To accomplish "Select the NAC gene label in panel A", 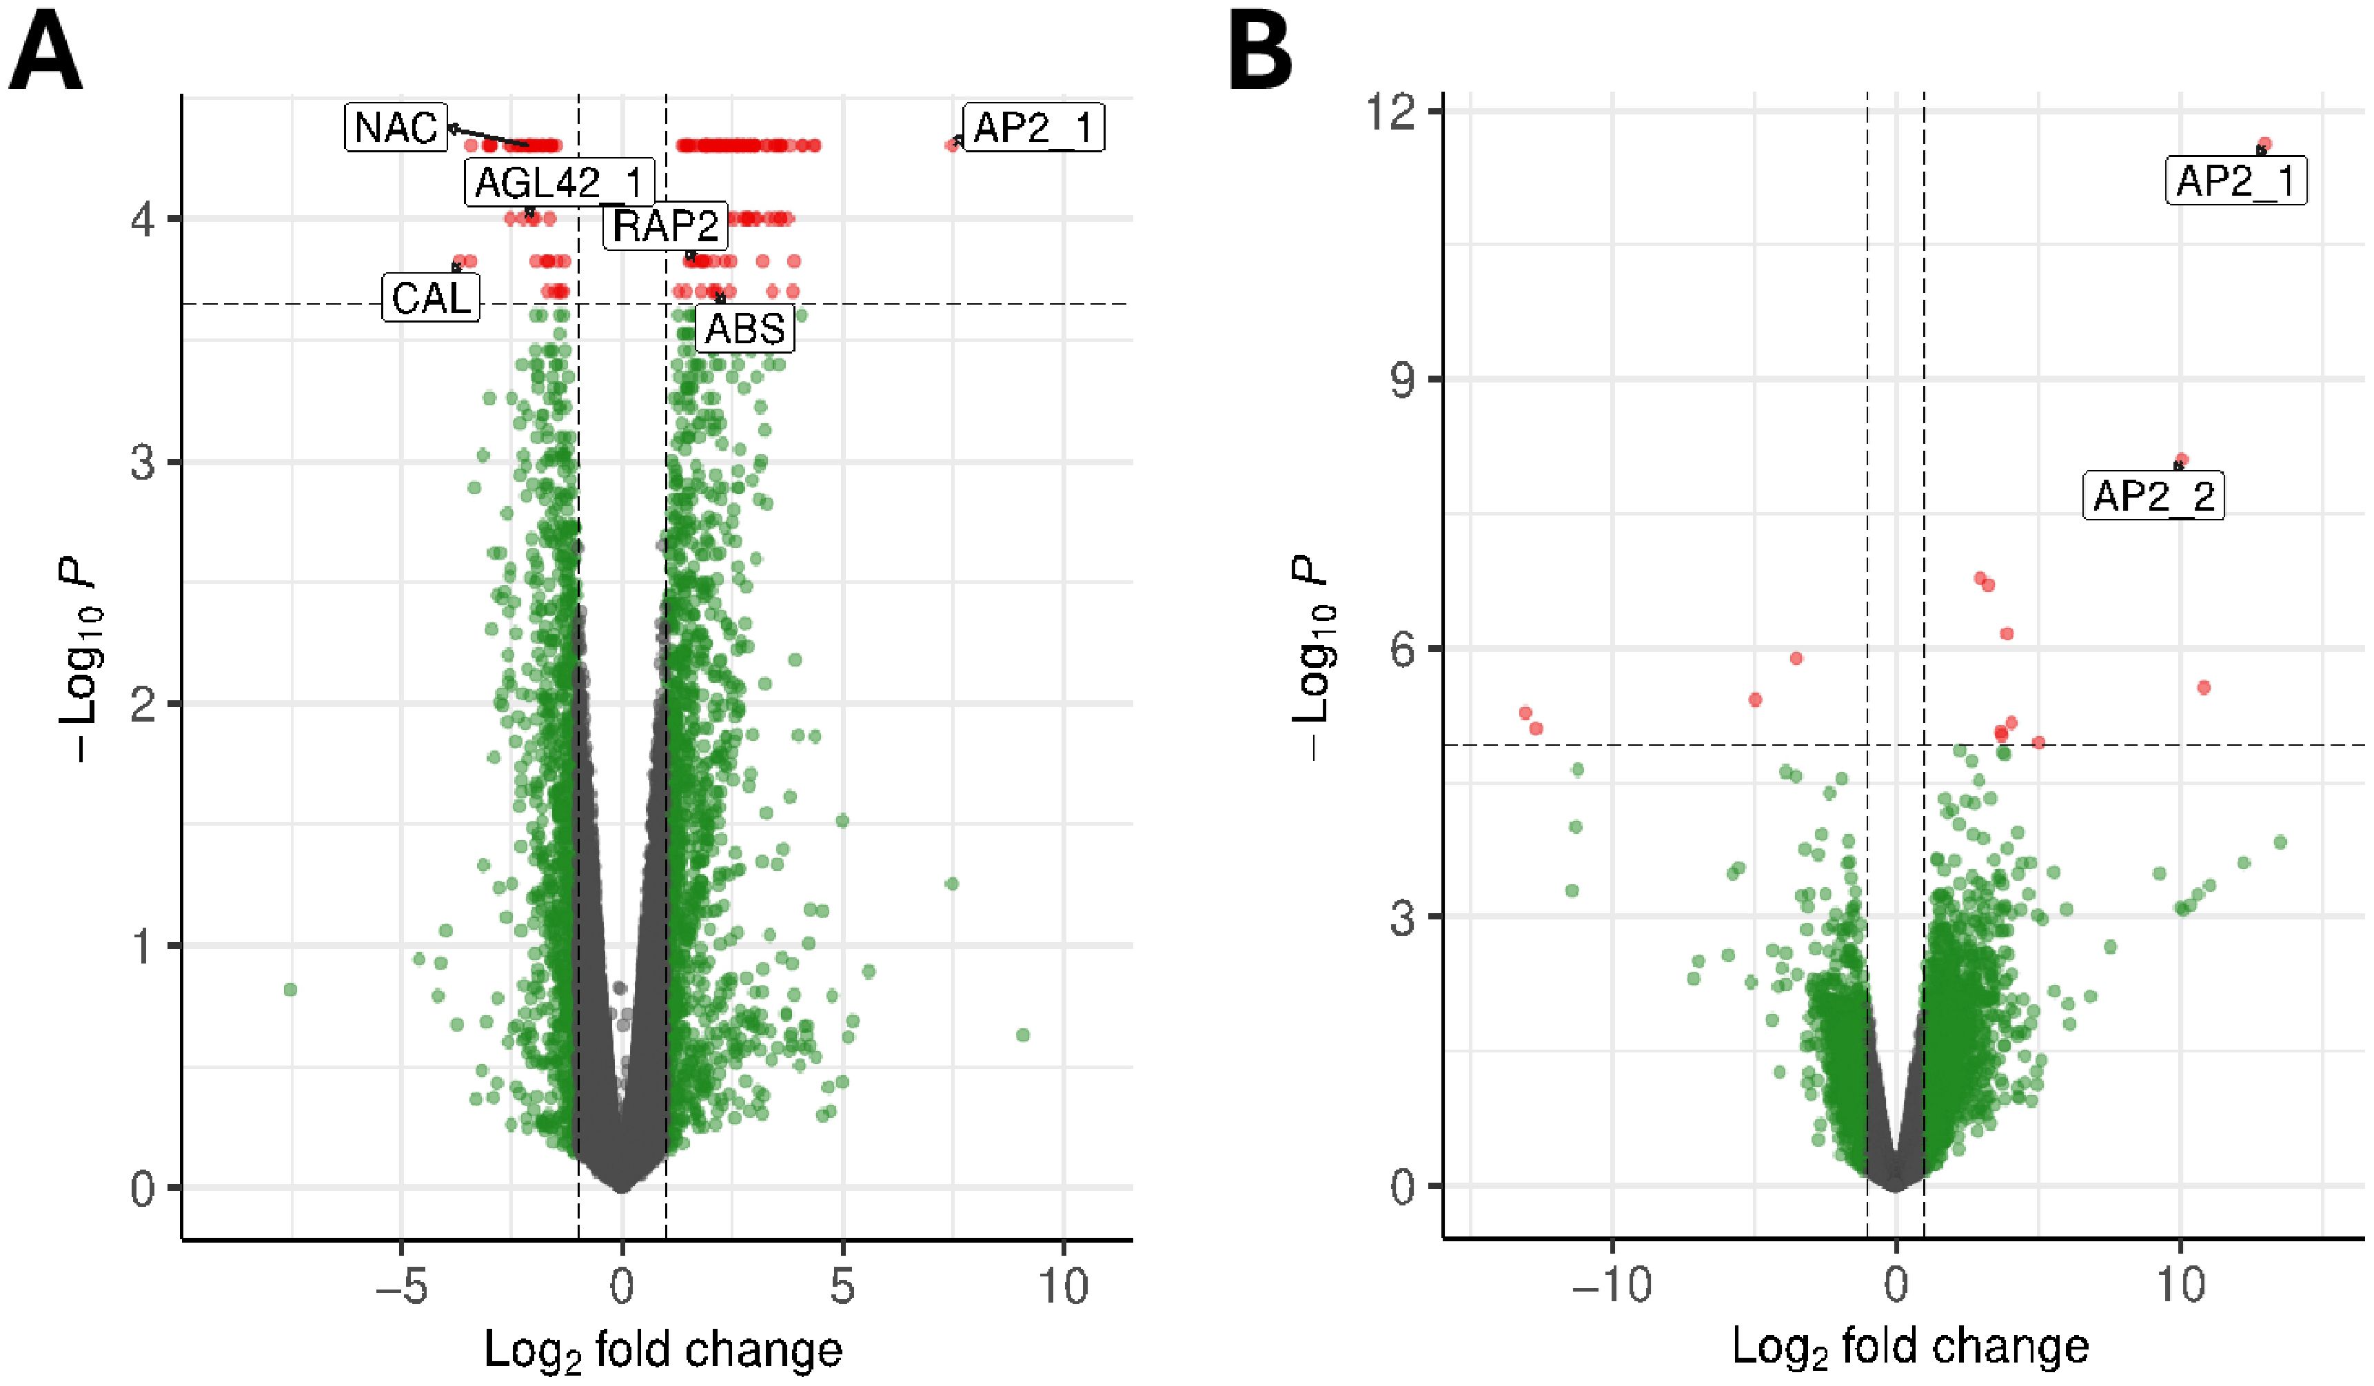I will pos(396,128).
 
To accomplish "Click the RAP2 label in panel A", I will pos(665,225).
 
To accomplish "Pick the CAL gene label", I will pos(431,298).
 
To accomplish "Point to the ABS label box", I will pos(744,329).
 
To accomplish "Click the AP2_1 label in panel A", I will pos(1033,128).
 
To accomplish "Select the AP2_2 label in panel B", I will pos(2153,496).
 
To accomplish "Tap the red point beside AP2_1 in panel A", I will pos(951,145).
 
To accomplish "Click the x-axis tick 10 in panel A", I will pos(1064,1287).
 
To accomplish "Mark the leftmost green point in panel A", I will pos(290,989).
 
